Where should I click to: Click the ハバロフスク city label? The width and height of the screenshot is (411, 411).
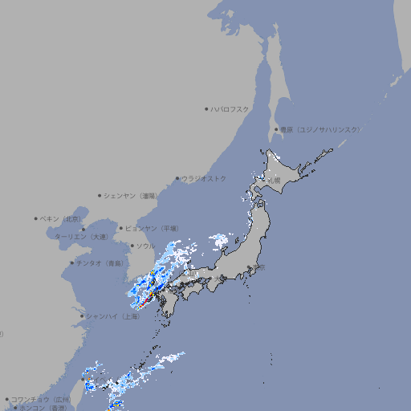[x=230, y=108]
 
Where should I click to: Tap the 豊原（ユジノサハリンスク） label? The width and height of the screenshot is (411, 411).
[x=319, y=129]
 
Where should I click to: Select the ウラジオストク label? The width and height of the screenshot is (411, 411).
[x=204, y=178]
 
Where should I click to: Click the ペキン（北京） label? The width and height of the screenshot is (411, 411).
[x=61, y=218]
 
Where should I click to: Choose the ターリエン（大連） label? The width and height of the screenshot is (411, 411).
[x=81, y=237]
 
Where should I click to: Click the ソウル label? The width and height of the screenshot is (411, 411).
[x=145, y=246]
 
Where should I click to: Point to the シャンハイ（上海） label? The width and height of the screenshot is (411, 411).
[x=112, y=316]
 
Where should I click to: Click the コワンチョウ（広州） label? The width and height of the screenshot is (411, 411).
[x=41, y=399]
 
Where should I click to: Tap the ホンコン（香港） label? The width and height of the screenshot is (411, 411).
[x=44, y=408]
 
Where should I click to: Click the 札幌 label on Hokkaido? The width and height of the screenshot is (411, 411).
[x=274, y=181]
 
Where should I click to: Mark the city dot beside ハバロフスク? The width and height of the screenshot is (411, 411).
[x=206, y=108]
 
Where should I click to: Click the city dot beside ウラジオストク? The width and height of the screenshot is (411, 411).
[x=177, y=178]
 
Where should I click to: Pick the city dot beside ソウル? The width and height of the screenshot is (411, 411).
[x=131, y=246]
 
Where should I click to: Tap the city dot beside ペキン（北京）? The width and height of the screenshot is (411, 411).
[x=36, y=218]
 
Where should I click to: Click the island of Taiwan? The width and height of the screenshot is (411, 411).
[x=89, y=386]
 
